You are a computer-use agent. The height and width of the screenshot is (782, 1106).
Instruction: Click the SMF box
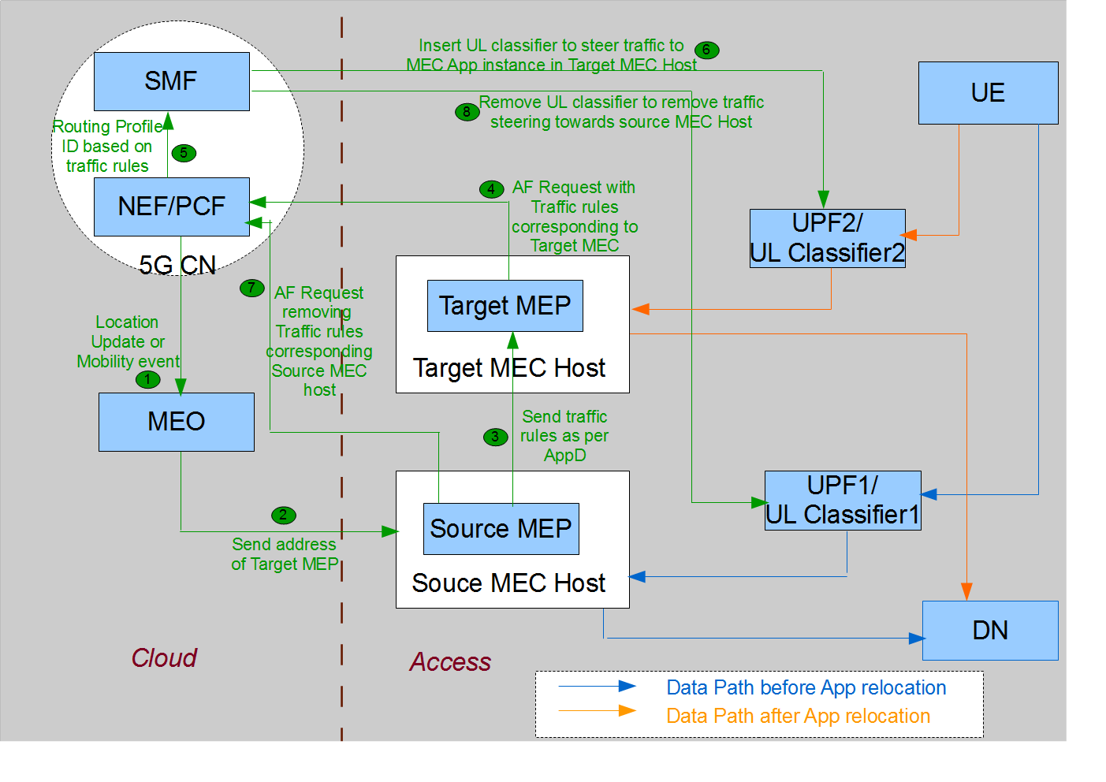172,81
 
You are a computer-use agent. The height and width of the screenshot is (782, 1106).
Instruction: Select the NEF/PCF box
172,207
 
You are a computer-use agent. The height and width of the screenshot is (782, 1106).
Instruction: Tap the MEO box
177,422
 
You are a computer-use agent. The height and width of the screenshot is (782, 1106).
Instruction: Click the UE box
988,93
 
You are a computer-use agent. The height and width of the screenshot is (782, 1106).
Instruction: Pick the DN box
990,631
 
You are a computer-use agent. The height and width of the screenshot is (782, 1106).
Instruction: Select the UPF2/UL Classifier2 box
827,238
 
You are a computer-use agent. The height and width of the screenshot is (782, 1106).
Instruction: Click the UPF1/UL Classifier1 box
843,500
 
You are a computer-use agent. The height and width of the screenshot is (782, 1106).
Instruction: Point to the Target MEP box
505,306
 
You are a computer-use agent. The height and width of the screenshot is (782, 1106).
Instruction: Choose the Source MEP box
501,529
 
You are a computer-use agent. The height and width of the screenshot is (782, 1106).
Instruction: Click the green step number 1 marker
147,379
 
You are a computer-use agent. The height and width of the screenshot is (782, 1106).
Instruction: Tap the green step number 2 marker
283,516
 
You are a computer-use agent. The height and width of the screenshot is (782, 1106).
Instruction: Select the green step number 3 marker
495,437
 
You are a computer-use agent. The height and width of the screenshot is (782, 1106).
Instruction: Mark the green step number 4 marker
491,189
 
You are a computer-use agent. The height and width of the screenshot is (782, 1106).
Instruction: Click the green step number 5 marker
184,153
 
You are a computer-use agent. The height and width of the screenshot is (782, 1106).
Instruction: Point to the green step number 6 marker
706,50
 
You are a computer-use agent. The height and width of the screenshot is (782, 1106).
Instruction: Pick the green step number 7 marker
251,288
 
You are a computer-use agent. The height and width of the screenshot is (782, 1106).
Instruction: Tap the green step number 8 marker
467,112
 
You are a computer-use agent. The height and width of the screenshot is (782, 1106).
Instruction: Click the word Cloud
164,658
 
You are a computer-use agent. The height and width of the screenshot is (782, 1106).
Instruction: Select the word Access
450,662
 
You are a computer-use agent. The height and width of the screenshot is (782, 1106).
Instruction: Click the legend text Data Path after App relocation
798,716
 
